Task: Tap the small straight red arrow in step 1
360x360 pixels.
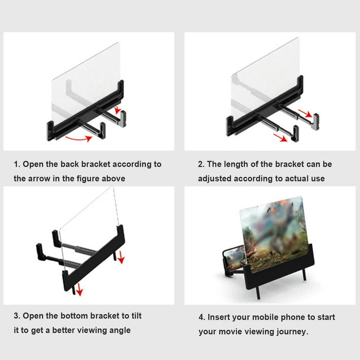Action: coord(118,110)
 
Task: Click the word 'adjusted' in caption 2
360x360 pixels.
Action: coord(215,179)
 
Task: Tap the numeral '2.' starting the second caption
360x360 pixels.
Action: coord(201,164)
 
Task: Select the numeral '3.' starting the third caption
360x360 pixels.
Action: coord(17,316)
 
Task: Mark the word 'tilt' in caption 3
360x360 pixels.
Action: coord(137,316)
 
